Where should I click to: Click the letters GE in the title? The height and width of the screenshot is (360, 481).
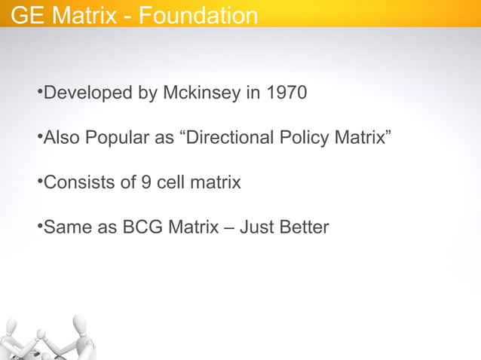(x=26, y=15)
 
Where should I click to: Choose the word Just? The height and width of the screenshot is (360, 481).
(x=255, y=227)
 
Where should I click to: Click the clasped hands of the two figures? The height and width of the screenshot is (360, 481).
(x=41, y=333)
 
